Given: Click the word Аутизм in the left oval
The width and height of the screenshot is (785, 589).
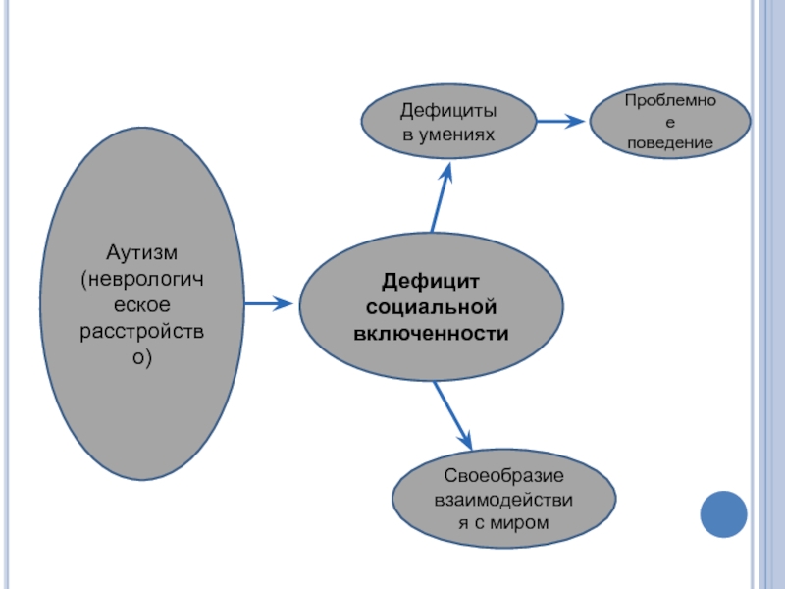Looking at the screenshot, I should pyautogui.click(x=143, y=255).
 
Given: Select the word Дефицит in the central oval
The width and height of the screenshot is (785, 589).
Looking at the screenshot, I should pyautogui.click(x=431, y=282).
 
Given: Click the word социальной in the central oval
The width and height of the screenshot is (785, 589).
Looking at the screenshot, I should pyautogui.click(x=431, y=307).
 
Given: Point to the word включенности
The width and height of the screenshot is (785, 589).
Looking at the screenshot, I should pyautogui.click(x=431, y=333).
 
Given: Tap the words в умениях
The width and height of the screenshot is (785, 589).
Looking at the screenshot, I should pyautogui.click(x=447, y=134).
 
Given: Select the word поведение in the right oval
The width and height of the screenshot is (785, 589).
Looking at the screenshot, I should pyautogui.click(x=670, y=143).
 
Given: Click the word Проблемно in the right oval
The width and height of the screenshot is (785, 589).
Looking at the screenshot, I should pyautogui.click(x=670, y=101).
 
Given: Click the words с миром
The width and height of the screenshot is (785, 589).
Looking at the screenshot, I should pyautogui.click(x=497, y=524).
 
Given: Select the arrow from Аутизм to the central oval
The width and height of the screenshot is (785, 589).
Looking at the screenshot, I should pyautogui.click(x=268, y=304).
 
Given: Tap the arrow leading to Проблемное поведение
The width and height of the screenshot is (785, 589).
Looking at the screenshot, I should pyautogui.click(x=560, y=122).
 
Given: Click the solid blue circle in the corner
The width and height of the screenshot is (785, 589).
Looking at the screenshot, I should pyautogui.click(x=724, y=512).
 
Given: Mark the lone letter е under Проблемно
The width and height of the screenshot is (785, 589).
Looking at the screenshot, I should pyautogui.click(x=670, y=123).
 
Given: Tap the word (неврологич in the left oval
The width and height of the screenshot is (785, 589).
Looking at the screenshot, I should pyautogui.click(x=143, y=281).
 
